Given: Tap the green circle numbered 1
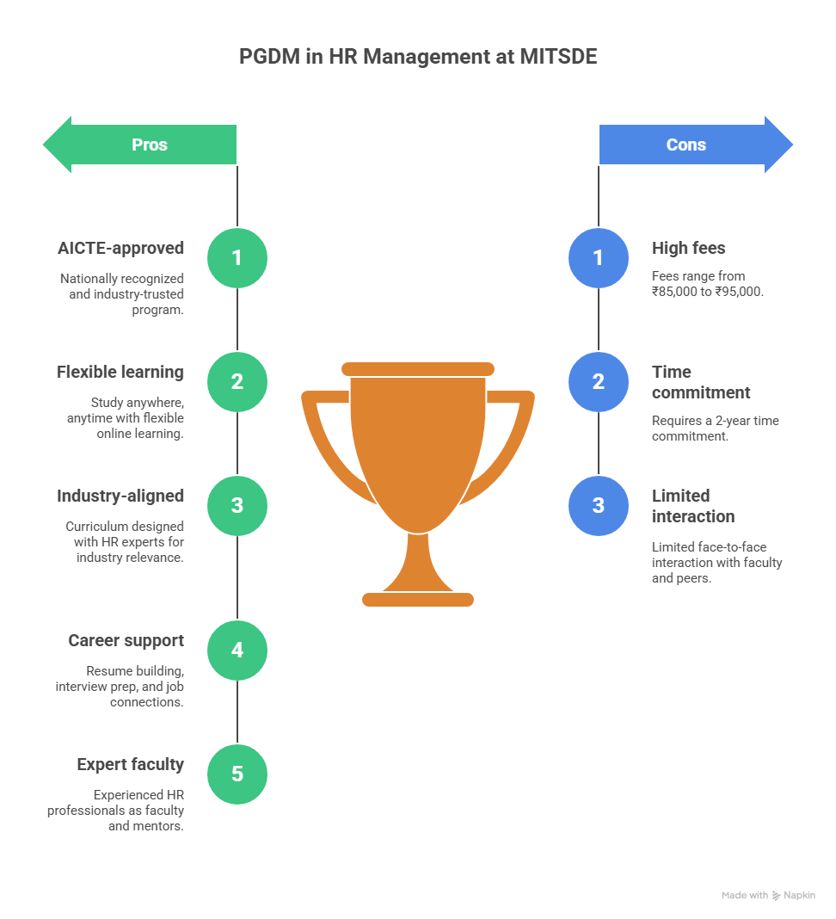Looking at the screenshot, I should coord(237,258).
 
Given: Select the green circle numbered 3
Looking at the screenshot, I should coord(237,505).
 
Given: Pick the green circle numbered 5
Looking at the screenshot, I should coord(237,774).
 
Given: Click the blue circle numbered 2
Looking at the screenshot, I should coord(599,381).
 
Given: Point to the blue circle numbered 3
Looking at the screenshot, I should coord(599,505).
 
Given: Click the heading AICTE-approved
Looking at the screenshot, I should coord(120,248).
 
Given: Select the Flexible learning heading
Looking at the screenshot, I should coord(120,372).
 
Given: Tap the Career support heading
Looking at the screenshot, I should coord(126,640).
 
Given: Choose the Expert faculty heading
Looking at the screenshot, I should coord(130,764).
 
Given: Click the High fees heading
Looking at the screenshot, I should coord(688,248).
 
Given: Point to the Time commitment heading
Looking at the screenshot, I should coord(700,382).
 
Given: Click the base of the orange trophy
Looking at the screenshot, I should coord(418,599).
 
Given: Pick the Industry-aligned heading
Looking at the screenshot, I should coord(120,496).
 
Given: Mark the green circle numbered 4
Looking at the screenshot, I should coord(237,650).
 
